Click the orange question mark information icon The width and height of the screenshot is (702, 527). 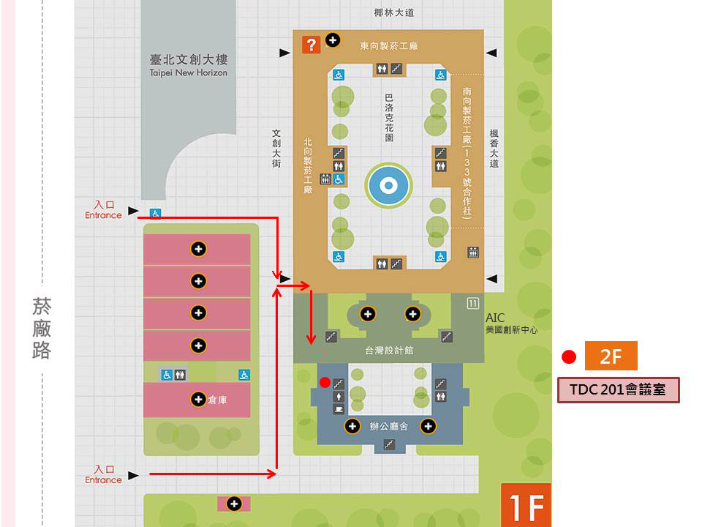[x=311, y=45]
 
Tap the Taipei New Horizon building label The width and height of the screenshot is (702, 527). [x=188, y=65]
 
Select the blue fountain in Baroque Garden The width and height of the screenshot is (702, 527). [x=388, y=185]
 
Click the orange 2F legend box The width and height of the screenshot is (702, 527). [x=611, y=356]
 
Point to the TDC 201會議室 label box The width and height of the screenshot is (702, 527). [x=619, y=390]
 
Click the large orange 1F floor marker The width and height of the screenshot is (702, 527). [x=526, y=505]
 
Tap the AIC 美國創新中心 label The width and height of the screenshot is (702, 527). [x=511, y=324]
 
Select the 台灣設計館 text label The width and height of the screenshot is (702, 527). [x=388, y=351]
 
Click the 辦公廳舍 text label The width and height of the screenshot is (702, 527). [x=388, y=426]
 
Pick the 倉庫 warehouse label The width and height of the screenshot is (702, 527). [x=218, y=400]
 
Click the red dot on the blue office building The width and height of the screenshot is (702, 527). [x=325, y=382]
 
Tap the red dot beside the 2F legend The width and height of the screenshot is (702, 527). [x=569, y=356]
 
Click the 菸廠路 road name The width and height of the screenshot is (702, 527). [x=42, y=329]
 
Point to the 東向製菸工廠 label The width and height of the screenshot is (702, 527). [x=388, y=45]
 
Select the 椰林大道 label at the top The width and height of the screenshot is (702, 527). [x=394, y=12]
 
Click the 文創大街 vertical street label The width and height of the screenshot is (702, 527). [x=276, y=149]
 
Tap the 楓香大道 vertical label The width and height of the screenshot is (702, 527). [x=494, y=149]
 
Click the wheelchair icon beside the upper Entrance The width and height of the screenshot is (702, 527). [x=155, y=214]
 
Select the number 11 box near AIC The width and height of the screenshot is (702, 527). [x=473, y=303]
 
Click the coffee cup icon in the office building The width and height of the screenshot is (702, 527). [x=339, y=408]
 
